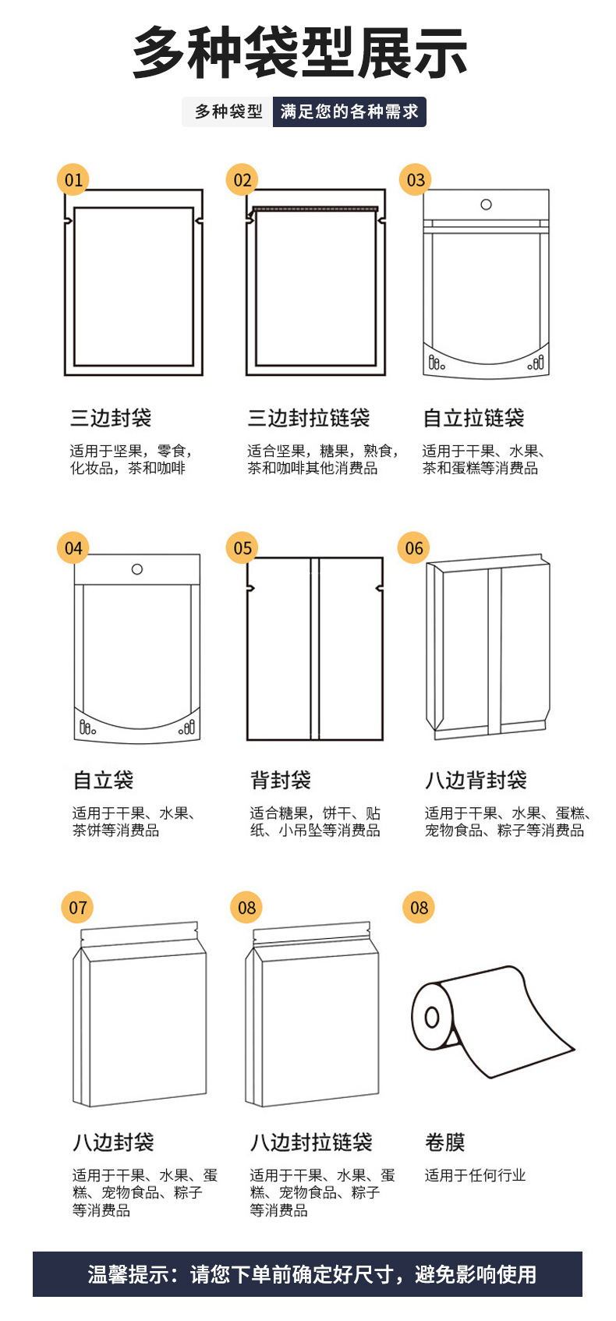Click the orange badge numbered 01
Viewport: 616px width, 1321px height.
[73, 180]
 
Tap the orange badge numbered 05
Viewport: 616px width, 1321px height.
[243, 548]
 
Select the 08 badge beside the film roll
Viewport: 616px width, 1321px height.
[419, 908]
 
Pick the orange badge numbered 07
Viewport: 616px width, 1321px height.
[78, 908]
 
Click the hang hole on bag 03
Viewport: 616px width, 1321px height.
[487, 204]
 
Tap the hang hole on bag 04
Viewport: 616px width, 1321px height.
[137, 569]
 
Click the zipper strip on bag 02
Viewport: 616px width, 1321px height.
[316, 208]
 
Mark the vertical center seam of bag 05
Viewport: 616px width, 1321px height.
[315, 648]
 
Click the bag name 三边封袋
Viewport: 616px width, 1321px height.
[111, 418]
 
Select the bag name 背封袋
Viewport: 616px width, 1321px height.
[281, 780]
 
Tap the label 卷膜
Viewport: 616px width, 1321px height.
[445, 1142]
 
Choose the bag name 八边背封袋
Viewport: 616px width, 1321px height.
[476, 780]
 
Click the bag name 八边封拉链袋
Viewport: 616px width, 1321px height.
[311, 1142]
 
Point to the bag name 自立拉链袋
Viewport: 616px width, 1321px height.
[473, 418]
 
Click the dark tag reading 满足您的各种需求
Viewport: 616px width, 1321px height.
[349, 112]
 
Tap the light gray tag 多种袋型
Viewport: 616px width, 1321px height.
[228, 112]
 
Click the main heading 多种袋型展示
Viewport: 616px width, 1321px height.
[300, 53]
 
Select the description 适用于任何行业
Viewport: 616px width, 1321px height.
[475, 1175]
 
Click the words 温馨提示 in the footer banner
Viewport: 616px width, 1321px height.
[128, 1274]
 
